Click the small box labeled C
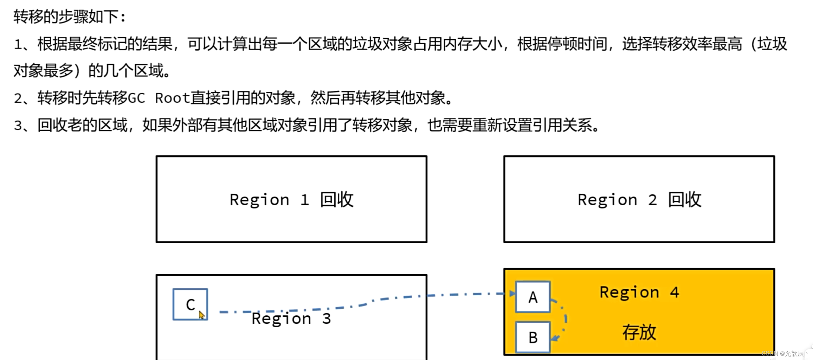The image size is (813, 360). point(190,304)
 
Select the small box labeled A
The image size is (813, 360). point(533,297)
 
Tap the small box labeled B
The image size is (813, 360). point(533,337)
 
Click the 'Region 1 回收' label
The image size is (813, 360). point(291,200)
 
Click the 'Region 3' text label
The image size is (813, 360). point(291,319)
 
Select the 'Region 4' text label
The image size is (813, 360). point(639,292)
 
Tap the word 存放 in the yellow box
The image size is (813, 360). point(639,332)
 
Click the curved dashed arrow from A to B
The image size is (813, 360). point(565,318)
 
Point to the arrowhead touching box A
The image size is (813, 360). point(512,294)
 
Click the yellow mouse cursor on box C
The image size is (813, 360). point(201,315)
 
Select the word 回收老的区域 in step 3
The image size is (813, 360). point(82,125)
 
